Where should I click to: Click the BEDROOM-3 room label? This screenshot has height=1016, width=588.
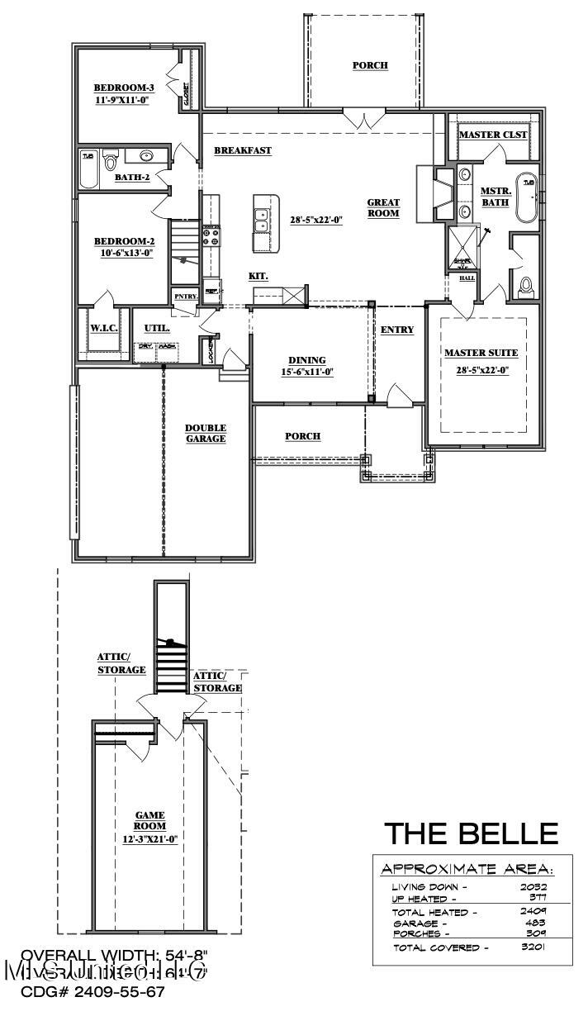(x=123, y=88)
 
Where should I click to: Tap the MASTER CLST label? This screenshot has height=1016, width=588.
(x=493, y=135)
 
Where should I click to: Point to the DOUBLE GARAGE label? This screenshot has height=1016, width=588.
(x=206, y=433)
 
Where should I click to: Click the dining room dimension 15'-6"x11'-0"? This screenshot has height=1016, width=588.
(x=307, y=372)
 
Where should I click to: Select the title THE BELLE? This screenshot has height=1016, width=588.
(x=472, y=833)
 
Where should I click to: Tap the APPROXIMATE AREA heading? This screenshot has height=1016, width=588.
(x=467, y=869)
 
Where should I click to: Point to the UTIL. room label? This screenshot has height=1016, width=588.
(x=157, y=328)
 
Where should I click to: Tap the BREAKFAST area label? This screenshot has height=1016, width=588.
(x=243, y=150)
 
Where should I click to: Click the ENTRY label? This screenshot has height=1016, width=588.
(x=397, y=330)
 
